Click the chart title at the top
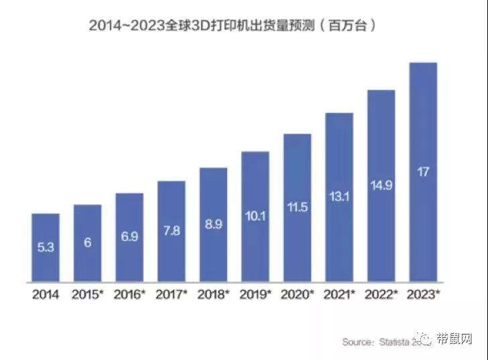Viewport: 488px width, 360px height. (x=231, y=25)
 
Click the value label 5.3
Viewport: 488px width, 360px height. (x=46, y=246)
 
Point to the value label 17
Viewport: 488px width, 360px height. (x=423, y=172)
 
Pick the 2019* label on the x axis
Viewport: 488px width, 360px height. (x=255, y=294)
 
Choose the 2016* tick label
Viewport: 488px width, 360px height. (x=129, y=294)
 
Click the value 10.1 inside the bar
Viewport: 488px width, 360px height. (x=255, y=215)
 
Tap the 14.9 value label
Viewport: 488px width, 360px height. (x=381, y=184)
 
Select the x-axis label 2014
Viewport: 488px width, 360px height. (x=46, y=294)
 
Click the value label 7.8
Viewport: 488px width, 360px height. (x=171, y=230)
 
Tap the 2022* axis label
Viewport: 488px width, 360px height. (x=381, y=294)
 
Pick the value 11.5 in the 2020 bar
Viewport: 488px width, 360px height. (x=297, y=207)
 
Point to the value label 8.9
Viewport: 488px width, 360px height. (x=213, y=224)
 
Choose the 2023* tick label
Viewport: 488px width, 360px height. (x=423, y=294)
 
